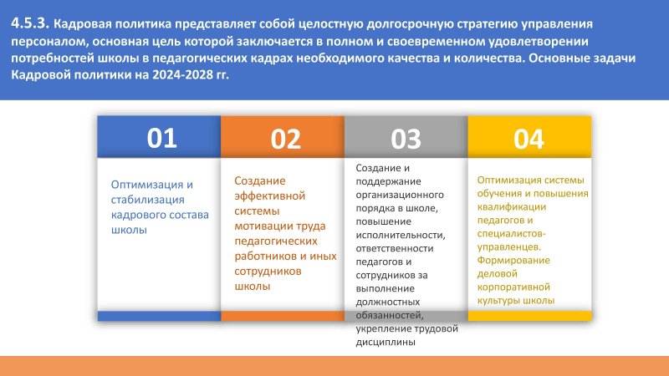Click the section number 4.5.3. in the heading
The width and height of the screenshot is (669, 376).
click(x=30, y=23)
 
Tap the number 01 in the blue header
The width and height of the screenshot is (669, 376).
click(x=161, y=138)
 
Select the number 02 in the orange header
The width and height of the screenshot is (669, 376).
click(x=285, y=139)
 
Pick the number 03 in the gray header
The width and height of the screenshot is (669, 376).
click(x=406, y=139)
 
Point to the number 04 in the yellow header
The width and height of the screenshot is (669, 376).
click(x=529, y=139)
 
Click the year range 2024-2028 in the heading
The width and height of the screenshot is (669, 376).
click(x=182, y=75)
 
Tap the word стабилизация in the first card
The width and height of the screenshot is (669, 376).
click(x=148, y=200)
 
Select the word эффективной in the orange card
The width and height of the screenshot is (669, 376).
click(x=269, y=196)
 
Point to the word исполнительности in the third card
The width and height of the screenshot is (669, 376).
click(x=401, y=235)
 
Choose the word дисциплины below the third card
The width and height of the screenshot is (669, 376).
click(x=386, y=343)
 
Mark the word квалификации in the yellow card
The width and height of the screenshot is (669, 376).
click(x=512, y=207)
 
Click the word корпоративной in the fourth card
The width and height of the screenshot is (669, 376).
click(x=513, y=287)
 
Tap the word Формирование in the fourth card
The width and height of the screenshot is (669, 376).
click(x=513, y=261)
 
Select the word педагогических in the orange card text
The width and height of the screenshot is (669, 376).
click(x=276, y=241)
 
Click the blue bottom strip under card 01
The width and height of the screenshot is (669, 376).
click(x=159, y=316)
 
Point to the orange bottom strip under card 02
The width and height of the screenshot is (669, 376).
click(x=283, y=316)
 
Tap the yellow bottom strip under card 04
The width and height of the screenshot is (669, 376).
click(x=530, y=316)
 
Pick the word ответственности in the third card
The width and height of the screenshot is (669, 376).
click(x=395, y=248)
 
